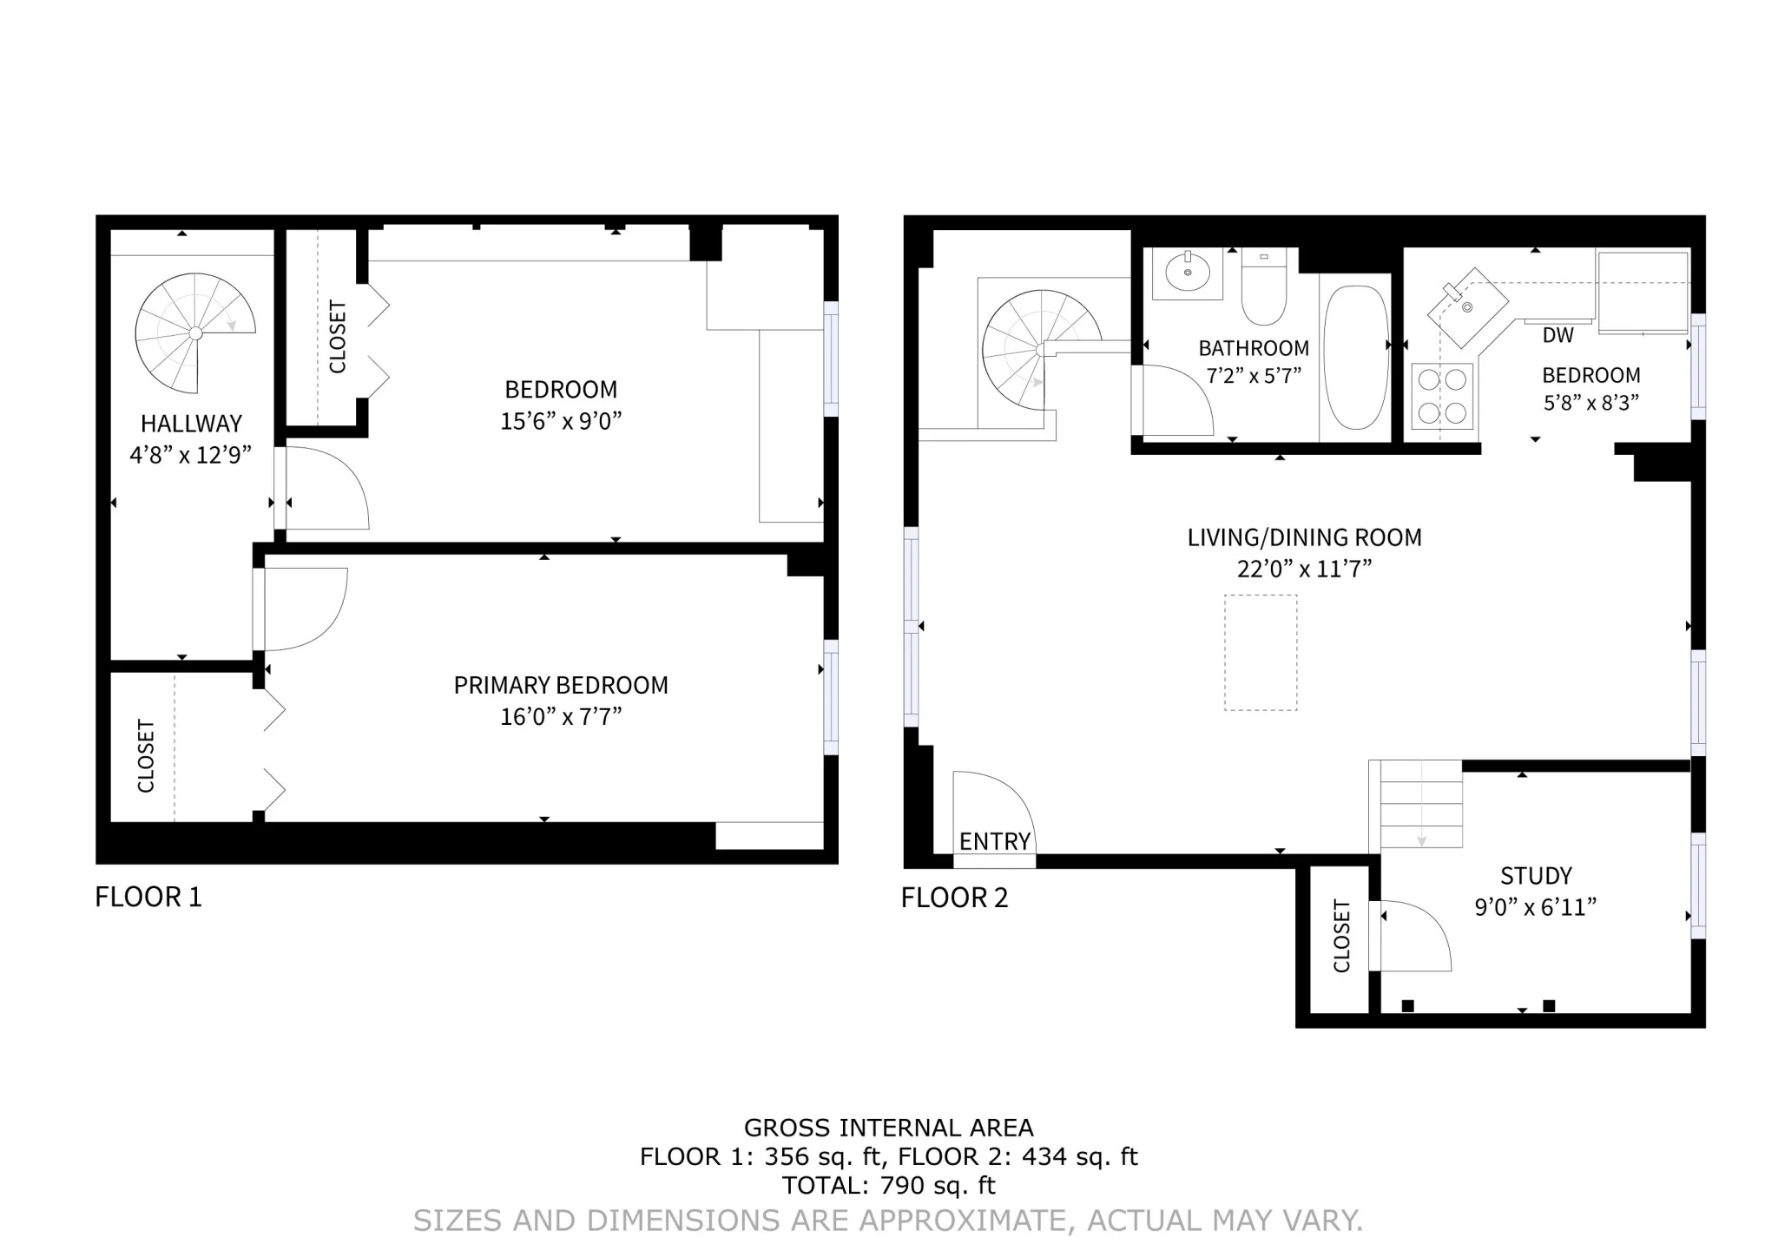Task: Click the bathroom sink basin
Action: tap(1188, 273)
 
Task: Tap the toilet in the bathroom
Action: tap(1263, 288)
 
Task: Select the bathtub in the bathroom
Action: tap(1355, 358)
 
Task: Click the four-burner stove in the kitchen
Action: tap(1442, 396)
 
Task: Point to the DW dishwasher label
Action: tap(1557, 335)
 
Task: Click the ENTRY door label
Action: tap(994, 841)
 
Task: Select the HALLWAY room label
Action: tap(191, 424)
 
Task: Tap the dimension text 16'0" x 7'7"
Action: tap(561, 717)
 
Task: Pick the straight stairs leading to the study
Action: tap(1421, 805)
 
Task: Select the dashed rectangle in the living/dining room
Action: tap(1261, 653)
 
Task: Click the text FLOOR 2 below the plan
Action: tap(954, 898)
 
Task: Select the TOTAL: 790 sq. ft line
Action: tap(888, 1185)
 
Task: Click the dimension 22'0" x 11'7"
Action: tap(1304, 569)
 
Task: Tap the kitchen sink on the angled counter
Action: tap(1465, 306)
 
